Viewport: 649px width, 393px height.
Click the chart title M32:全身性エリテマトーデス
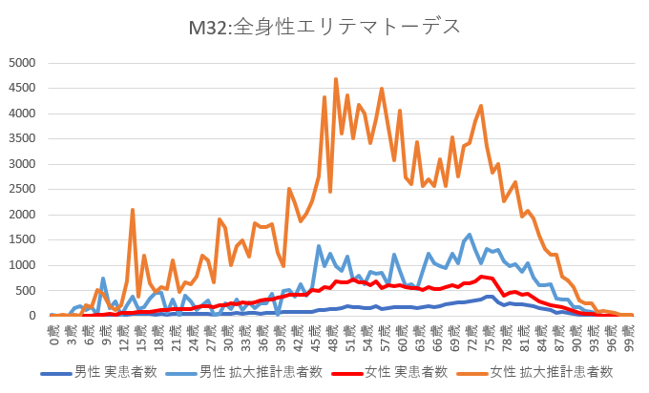coord(324,26)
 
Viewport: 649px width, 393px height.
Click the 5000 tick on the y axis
coord(21,63)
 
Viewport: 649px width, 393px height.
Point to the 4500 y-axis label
coord(21,89)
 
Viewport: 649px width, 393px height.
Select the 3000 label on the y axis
coord(21,164)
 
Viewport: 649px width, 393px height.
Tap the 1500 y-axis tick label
coord(21,239)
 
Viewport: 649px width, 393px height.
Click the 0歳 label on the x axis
coord(53,334)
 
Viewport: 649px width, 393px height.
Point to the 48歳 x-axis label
coord(336,334)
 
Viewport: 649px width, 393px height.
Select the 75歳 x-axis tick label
coord(492,334)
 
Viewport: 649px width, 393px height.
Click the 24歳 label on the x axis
coord(195,334)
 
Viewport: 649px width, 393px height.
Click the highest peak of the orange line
coord(336,79)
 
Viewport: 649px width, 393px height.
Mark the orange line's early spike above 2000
coord(133,210)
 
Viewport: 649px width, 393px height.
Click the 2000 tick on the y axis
coord(21,215)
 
